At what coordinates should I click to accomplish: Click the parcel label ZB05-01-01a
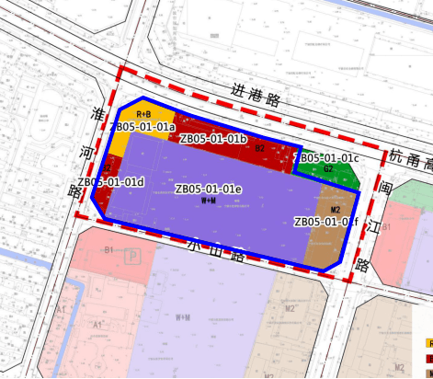click(143, 126)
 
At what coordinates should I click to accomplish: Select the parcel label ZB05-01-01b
click(212, 139)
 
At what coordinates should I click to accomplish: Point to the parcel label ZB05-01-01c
click(328, 158)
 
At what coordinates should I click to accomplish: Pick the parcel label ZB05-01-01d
click(111, 181)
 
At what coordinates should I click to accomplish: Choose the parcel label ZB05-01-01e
click(208, 189)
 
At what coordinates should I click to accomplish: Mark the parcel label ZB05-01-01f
click(325, 222)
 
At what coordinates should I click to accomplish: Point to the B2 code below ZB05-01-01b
click(260, 148)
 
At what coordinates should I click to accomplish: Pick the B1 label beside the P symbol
click(109, 249)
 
